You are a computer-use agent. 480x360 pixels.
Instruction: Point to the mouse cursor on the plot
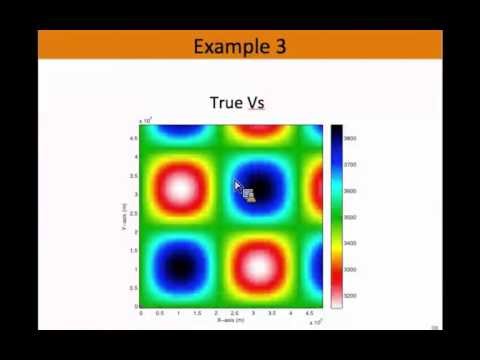[x=238, y=186]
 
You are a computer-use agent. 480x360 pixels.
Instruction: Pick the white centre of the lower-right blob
[x=258, y=266]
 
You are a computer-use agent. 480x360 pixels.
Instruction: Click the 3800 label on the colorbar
[x=351, y=138]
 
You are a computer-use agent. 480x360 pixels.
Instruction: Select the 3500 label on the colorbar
[x=351, y=217]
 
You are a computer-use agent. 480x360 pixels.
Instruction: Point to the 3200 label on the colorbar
[x=351, y=296]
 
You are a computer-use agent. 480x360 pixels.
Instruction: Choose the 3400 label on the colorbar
[x=351, y=243]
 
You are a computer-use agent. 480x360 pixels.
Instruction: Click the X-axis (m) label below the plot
[x=232, y=322]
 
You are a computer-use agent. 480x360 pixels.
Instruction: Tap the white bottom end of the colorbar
[x=337, y=302]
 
